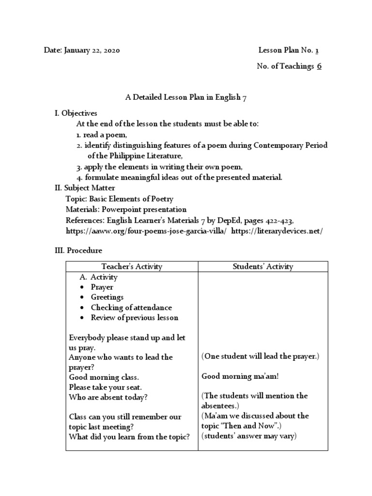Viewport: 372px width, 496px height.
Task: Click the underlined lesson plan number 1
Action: coord(317,50)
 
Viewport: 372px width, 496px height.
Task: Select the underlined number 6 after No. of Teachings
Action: coord(319,66)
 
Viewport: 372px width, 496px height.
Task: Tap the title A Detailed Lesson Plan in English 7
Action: coord(186,97)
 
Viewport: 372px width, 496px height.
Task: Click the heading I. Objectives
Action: coord(76,113)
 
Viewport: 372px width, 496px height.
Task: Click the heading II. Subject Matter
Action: coord(85,188)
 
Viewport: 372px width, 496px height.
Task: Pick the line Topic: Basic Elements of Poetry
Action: coord(119,199)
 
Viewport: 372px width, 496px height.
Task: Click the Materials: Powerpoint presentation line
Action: coord(126,210)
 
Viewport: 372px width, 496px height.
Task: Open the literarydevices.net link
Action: coord(277,231)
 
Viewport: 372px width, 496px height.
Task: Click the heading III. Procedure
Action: coord(78,250)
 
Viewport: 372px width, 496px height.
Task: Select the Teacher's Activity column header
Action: coord(132,266)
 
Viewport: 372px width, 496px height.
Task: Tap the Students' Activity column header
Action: coord(263,266)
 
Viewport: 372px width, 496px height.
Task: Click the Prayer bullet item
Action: coord(102,287)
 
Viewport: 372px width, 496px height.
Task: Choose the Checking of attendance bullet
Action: coord(131,308)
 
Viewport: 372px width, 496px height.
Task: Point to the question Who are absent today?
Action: coord(108,397)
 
